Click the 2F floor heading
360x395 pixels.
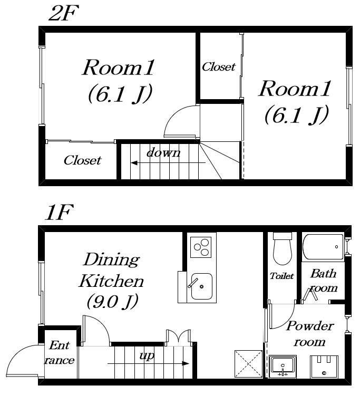[63, 13]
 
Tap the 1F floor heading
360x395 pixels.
[59, 212]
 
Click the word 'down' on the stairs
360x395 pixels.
[163, 152]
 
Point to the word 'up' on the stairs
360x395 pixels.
[147, 355]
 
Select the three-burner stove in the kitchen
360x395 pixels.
[201, 247]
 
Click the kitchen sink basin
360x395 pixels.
[201, 286]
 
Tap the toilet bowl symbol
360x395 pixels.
[282, 249]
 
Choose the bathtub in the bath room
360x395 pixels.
[323, 247]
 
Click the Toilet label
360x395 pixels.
[281, 276]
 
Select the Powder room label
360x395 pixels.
[310, 334]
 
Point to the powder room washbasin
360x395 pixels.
[283, 367]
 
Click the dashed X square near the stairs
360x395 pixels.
[248, 364]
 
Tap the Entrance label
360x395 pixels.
[60, 353]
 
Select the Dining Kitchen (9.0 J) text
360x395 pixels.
[111, 281]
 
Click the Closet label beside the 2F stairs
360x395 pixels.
[82, 160]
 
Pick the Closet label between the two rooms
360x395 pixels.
[219, 67]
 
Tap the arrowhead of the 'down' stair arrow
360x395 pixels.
[134, 163]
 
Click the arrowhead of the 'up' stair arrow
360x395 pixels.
[186, 363]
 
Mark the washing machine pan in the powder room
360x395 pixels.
[324, 367]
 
